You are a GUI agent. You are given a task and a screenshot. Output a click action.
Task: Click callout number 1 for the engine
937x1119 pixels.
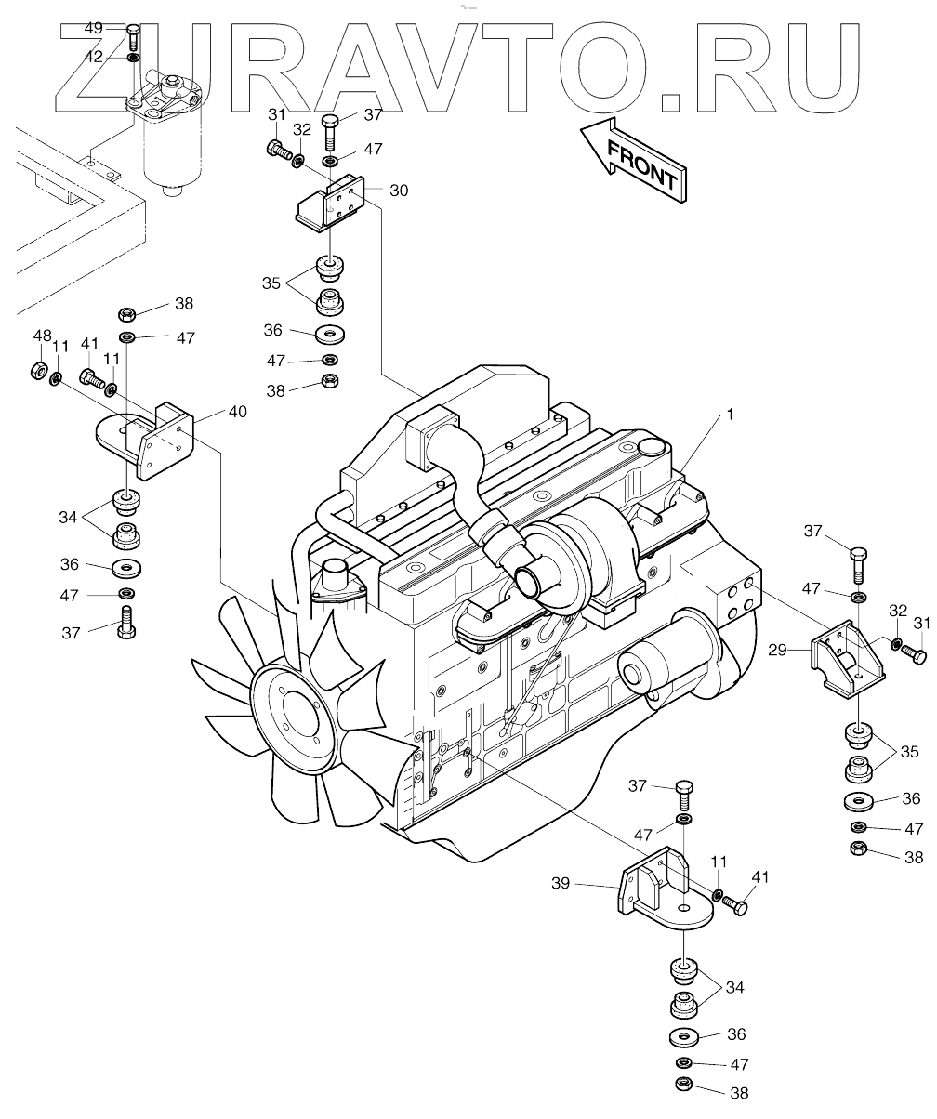[730, 415]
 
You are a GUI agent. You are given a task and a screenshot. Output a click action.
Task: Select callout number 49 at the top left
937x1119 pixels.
[94, 29]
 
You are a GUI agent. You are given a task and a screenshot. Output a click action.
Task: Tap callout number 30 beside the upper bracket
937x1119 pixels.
[398, 190]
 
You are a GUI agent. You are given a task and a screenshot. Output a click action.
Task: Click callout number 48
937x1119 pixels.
[43, 336]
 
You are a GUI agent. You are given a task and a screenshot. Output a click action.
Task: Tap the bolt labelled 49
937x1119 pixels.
[133, 38]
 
